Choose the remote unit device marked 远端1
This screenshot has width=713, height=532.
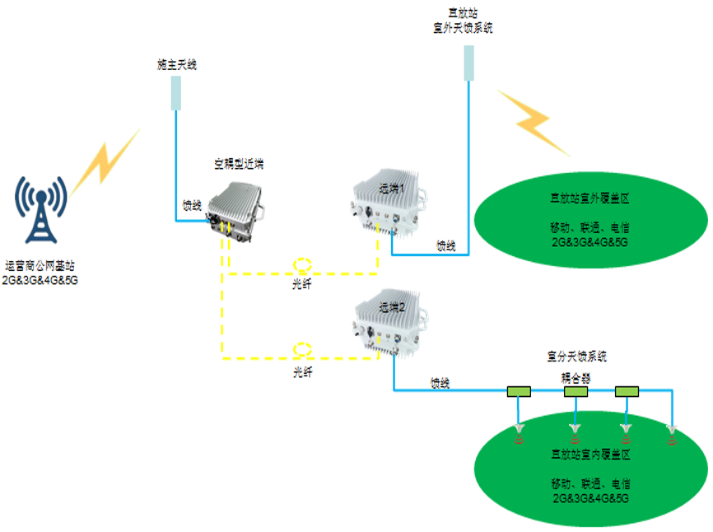(389, 206)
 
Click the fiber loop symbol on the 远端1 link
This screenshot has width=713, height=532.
(303, 266)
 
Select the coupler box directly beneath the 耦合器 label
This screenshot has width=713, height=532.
(576, 392)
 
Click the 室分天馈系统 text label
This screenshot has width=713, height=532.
(576, 357)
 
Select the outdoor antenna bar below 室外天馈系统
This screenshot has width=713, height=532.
(468, 63)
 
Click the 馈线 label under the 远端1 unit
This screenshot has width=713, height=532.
(446, 245)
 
